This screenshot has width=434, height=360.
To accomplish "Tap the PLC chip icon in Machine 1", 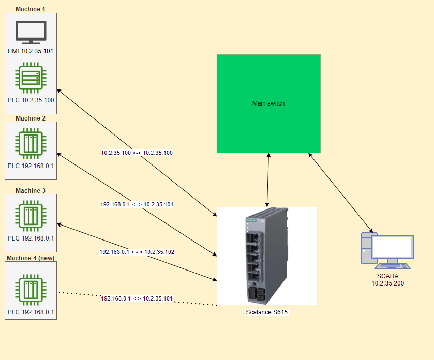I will tap(31, 78).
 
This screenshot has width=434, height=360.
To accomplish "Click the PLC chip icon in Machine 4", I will tap(31, 290).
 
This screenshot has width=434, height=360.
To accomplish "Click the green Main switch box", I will tap(268, 103).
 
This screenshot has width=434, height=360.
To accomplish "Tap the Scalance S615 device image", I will tap(266, 256).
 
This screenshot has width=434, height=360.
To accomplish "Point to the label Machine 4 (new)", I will tap(31, 258).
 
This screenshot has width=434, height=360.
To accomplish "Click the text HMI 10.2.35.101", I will tap(31, 51).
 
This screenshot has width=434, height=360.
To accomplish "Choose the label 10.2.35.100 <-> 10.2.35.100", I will tap(137, 153).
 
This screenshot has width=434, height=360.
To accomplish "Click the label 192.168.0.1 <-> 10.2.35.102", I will tap(137, 252).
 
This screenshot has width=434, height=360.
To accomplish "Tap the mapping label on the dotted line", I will tap(137, 299).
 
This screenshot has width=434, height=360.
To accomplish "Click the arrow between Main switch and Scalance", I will tap(268, 180).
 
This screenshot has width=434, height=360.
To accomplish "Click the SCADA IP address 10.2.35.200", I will tap(387, 283).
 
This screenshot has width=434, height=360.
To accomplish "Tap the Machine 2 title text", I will tap(31, 118).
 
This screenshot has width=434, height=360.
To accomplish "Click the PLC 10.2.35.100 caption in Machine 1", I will tap(31, 100).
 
